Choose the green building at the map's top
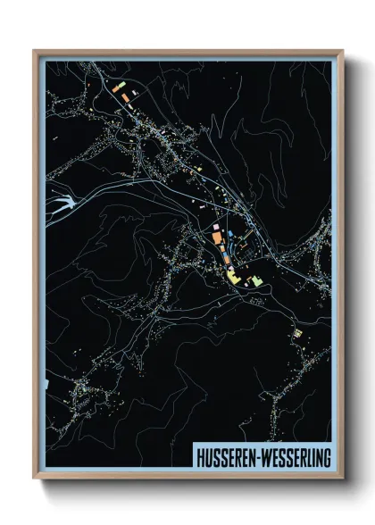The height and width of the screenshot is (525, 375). [118, 86]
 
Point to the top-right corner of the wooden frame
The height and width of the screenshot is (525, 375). [343, 51]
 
